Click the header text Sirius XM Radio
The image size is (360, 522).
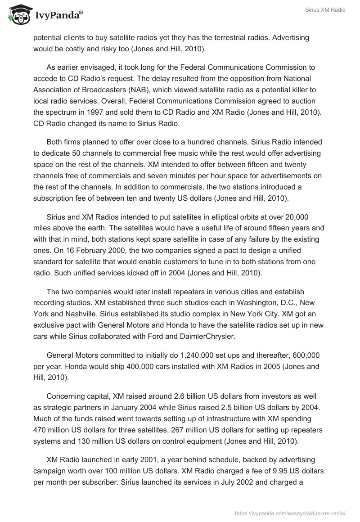pyautogui.click(x=324, y=10)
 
